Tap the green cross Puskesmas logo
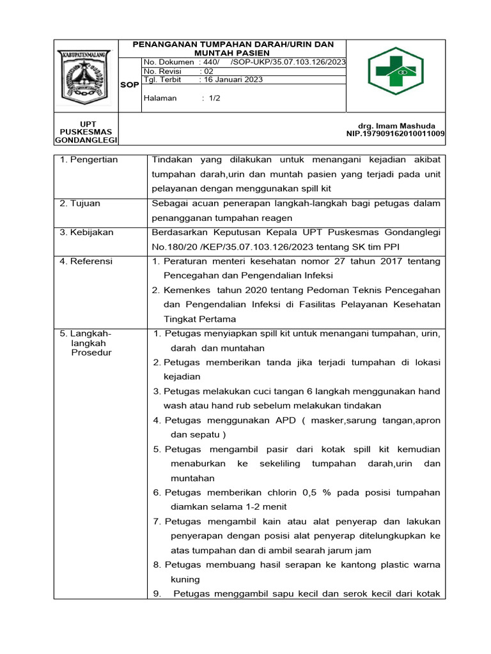pyautogui.click(x=395, y=71)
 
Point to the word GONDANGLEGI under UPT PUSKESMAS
pyautogui.click(x=86, y=140)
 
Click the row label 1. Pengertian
pyautogui.click(x=89, y=160)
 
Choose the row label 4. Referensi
pyautogui.click(x=86, y=261)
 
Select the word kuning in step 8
pyautogui.click(x=185, y=579)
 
